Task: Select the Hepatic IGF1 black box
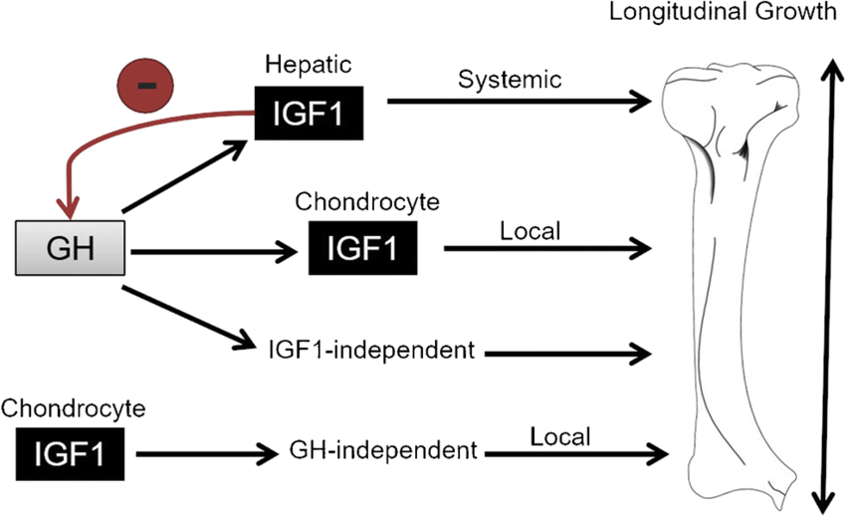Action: tap(309, 112)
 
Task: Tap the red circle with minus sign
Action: tap(146, 86)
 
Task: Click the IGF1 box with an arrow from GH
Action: tap(364, 248)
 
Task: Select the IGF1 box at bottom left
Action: tap(69, 454)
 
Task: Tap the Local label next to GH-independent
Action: tap(560, 435)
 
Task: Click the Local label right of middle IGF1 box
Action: tap(532, 231)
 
